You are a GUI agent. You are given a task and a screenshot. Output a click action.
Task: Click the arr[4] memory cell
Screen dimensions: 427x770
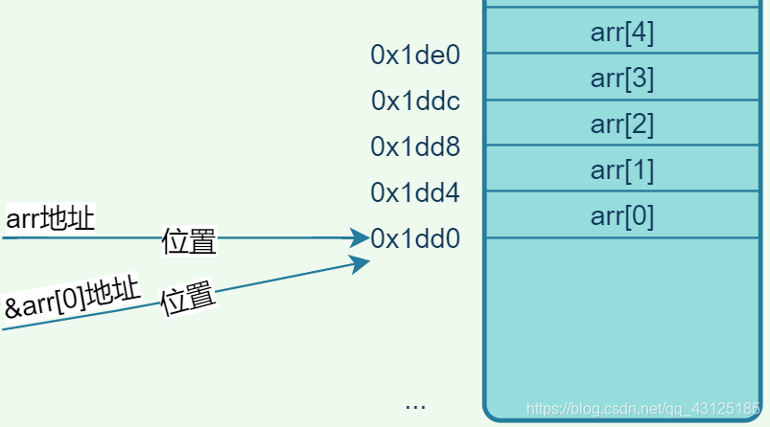(x=622, y=33)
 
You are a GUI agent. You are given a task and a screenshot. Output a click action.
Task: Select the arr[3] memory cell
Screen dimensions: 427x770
(x=622, y=78)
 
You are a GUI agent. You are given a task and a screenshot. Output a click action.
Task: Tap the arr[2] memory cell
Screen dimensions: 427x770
(x=622, y=124)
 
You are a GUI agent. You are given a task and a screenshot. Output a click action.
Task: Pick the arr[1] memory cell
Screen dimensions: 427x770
(x=622, y=169)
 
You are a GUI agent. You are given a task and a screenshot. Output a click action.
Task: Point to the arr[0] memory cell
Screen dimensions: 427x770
(x=622, y=215)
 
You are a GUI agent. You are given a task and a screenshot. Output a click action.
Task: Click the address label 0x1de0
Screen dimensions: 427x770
(x=415, y=56)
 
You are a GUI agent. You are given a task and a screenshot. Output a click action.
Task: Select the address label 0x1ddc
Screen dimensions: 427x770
(x=415, y=101)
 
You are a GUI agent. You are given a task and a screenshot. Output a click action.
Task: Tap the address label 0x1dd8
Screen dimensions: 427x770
(x=415, y=146)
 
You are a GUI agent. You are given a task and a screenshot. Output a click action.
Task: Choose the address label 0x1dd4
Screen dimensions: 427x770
(x=415, y=192)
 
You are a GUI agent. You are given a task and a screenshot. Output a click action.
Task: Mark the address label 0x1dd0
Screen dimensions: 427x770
(x=415, y=238)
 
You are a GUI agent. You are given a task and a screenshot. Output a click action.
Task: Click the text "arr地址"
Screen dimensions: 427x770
(x=50, y=219)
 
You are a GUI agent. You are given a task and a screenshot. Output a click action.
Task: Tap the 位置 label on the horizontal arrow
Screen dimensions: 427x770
(x=189, y=241)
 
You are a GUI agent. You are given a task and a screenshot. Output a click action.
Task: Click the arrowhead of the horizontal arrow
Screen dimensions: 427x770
(x=362, y=236)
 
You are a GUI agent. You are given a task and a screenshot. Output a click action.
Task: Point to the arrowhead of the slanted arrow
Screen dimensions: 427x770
(x=362, y=262)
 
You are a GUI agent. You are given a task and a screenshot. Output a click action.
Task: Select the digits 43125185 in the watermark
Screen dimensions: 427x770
(x=724, y=410)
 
